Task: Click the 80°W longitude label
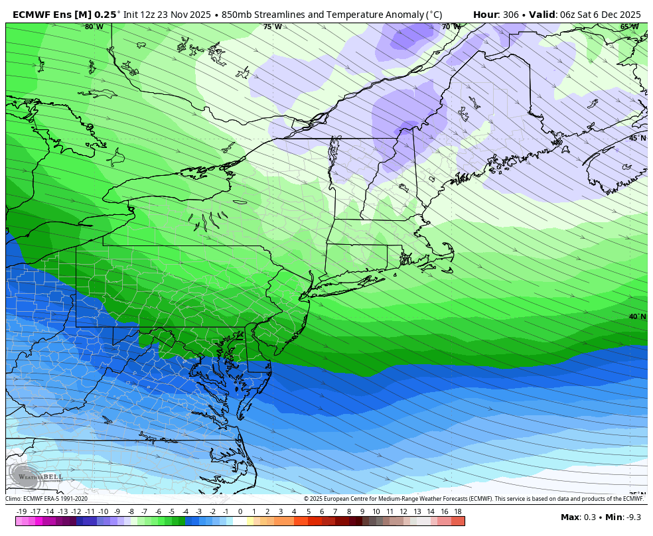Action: (94, 27)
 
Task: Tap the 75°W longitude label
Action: (272, 27)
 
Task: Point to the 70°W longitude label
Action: (451, 27)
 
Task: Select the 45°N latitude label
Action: (637, 138)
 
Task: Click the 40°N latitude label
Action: (637, 316)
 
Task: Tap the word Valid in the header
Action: (542, 15)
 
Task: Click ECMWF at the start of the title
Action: (33, 15)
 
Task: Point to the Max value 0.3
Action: (587, 517)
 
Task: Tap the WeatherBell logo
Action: (36, 476)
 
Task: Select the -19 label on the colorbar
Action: (21, 511)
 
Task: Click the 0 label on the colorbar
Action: (240, 511)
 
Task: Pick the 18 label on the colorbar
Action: (457, 511)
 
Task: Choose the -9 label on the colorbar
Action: (117, 511)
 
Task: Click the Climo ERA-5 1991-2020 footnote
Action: (46, 499)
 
